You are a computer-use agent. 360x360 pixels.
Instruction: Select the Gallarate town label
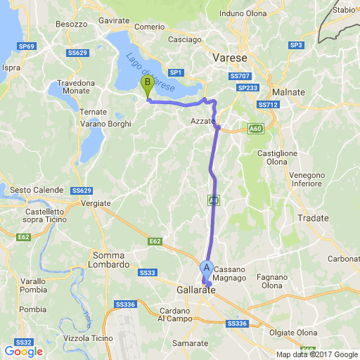point(195,290)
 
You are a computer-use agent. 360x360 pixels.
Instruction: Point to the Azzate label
point(202,122)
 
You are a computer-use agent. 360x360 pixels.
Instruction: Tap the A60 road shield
point(255,129)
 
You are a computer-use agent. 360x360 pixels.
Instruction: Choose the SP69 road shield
point(27,46)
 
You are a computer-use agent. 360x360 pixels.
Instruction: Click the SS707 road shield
point(240,75)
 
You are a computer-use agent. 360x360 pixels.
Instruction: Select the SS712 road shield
point(269,105)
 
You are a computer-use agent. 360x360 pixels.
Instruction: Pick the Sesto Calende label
point(37,190)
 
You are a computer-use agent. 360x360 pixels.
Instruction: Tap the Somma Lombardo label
point(109,260)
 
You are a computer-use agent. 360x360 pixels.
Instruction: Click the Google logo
point(23,352)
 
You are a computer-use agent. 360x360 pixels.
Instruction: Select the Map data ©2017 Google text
point(316,354)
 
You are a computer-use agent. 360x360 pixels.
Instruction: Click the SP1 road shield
point(176,72)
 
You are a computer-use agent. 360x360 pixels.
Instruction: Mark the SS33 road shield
point(147,272)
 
